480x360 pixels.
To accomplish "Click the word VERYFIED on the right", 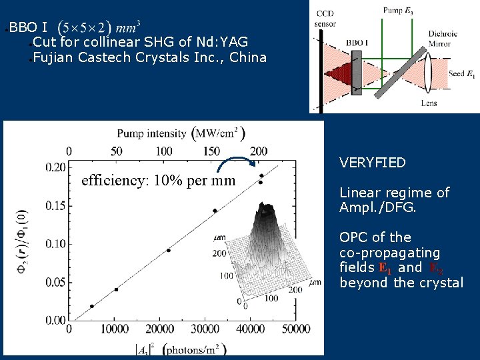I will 372,163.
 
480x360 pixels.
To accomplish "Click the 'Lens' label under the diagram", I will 429,103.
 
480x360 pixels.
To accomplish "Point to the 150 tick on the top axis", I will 212,152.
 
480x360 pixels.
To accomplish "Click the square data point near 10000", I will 116,289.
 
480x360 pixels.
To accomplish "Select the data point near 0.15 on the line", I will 215,211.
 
